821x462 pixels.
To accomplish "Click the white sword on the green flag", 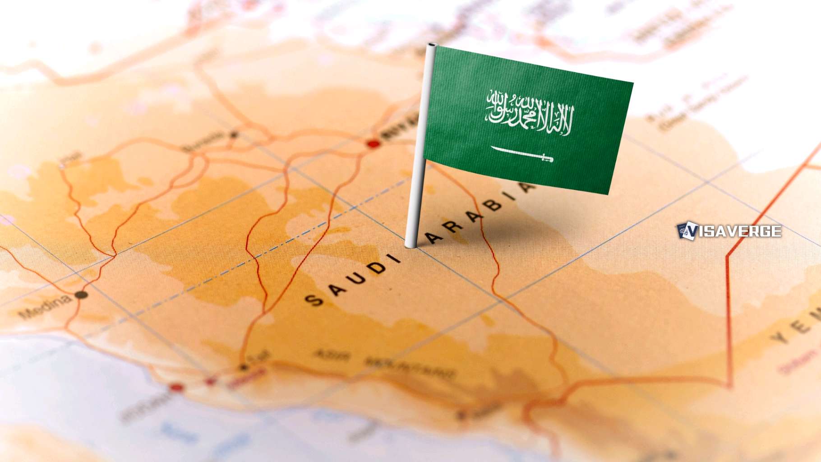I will pyautogui.click(x=521, y=154).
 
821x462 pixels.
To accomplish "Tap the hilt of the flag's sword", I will pyautogui.click(x=547, y=158).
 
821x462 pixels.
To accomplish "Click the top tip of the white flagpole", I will pyautogui.click(x=432, y=46).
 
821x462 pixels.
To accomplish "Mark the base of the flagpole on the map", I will pyautogui.click(x=410, y=245).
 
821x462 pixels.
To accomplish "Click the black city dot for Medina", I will pyautogui.click(x=81, y=295).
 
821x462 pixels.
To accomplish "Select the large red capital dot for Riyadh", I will pyautogui.click(x=373, y=144).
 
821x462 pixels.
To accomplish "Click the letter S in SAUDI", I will pyautogui.click(x=314, y=300).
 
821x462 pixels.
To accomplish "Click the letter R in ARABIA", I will pyautogui.click(x=453, y=226).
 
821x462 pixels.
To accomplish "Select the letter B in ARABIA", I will pyautogui.click(x=494, y=206).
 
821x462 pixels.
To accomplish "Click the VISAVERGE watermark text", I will pyautogui.click(x=740, y=231).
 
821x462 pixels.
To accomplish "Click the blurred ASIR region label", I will pyautogui.click(x=332, y=356).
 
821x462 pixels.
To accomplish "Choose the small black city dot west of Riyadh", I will pyautogui.click(x=234, y=134).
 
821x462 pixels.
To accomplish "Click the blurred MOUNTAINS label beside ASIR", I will pyautogui.click(x=410, y=368).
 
